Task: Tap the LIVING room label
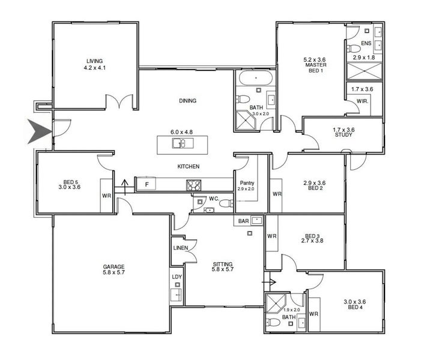(94, 61)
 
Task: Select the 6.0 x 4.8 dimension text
(181, 132)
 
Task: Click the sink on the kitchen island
(182, 143)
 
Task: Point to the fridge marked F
(147, 184)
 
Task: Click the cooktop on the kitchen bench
(193, 185)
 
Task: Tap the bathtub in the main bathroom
(256, 78)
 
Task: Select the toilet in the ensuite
(354, 49)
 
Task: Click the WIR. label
(362, 101)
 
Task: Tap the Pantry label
(247, 183)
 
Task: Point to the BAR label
(243, 221)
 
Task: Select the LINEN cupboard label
(181, 248)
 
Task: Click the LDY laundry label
(177, 277)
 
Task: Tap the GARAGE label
(114, 267)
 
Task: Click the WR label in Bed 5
(106, 196)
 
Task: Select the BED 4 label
(355, 307)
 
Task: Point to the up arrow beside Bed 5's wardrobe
(125, 187)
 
